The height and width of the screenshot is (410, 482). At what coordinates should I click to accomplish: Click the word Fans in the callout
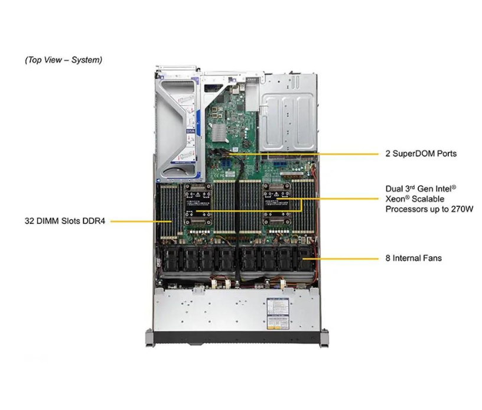click(431, 258)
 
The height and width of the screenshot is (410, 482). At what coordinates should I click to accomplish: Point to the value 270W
click(461, 209)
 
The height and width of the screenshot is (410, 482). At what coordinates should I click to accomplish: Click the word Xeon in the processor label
click(396, 199)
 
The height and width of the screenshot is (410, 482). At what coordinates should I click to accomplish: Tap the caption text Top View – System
click(63, 60)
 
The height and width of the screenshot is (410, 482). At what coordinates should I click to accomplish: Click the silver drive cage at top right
click(288, 112)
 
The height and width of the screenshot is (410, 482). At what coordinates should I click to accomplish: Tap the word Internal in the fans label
click(408, 258)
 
